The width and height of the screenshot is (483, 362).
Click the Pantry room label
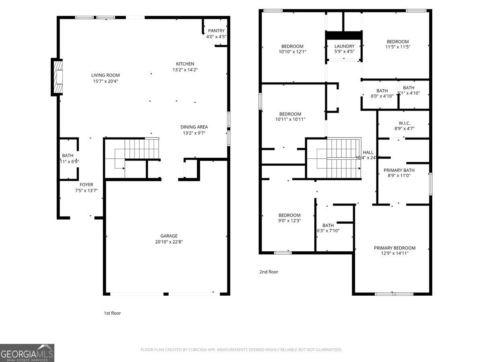pyautogui.click(x=216, y=31)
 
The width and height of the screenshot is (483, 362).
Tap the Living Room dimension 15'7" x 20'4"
pyautogui.click(x=105, y=81)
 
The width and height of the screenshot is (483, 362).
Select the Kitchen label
pyautogui.click(x=185, y=64)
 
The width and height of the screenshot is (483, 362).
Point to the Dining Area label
pyautogui.click(x=194, y=127)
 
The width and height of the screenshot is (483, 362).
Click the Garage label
pyautogui.click(x=169, y=236)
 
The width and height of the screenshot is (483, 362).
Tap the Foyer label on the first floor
pyautogui.click(x=86, y=185)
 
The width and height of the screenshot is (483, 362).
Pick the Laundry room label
pyautogui.click(x=344, y=46)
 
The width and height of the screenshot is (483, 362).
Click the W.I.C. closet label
pyautogui.click(x=404, y=123)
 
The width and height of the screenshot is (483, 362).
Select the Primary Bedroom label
pyautogui.click(x=394, y=248)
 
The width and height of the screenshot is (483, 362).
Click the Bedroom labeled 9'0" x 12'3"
pyautogui.click(x=289, y=215)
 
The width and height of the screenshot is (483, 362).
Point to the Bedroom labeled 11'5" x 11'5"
pyautogui.click(x=398, y=41)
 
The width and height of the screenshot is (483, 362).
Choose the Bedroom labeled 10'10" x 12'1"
pyautogui.click(x=292, y=46)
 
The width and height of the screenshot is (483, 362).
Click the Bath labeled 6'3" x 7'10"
pyautogui.click(x=328, y=226)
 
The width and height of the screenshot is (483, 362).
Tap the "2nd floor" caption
pyautogui.click(x=268, y=272)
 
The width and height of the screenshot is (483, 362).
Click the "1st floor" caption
pyautogui.click(x=112, y=313)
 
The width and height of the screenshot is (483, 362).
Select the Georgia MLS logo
pyautogui.click(x=27, y=353)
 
